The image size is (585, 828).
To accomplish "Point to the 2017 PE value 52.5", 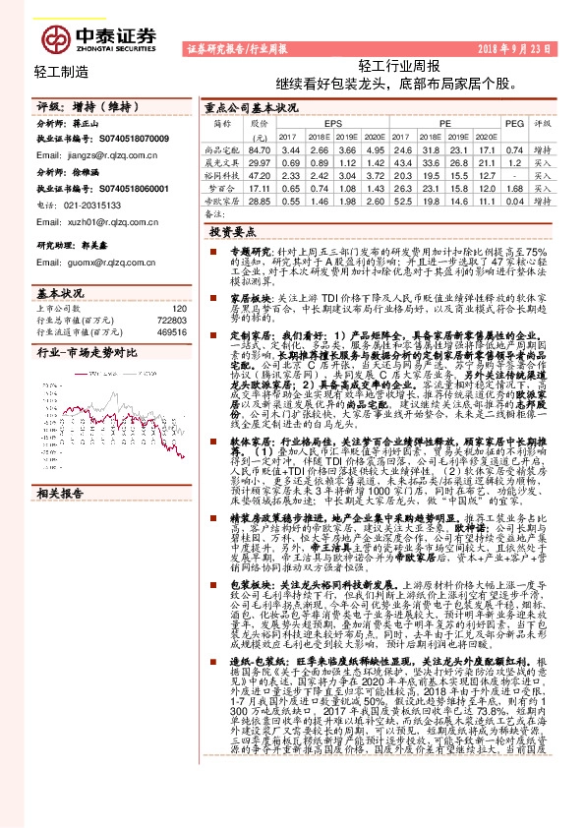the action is tap(401, 199).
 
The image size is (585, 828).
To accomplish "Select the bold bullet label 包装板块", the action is tap(235, 582).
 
